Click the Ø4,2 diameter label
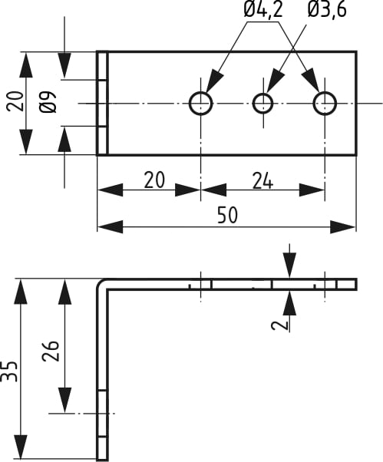point(263,9)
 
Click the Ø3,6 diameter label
point(327,9)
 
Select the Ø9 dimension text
point(48,102)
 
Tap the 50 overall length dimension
point(227,215)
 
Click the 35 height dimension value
point(9,371)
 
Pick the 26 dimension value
point(51,351)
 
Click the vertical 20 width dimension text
point(15,101)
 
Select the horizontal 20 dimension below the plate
point(154,180)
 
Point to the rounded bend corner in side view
point(101,283)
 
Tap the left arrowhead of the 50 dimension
point(110,227)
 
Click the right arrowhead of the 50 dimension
point(342,227)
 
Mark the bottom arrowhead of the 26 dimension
point(64,400)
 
